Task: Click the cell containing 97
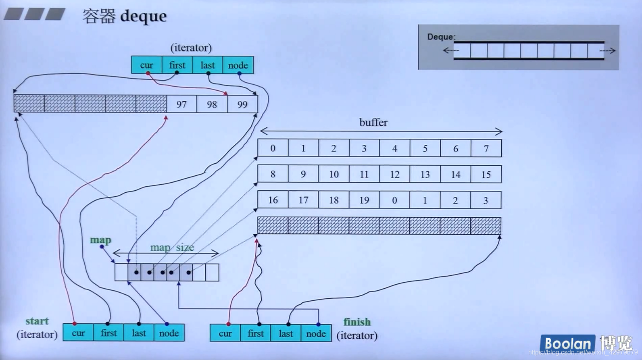click(x=181, y=105)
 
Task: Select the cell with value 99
click(x=242, y=105)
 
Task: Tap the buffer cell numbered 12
click(x=394, y=175)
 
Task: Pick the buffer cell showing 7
click(x=486, y=149)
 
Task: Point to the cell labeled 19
click(x=364, y=200)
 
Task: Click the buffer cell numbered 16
click(x=273, y=200)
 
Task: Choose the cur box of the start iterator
click(x=78, y=333)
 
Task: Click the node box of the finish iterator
click(x=316, y=333)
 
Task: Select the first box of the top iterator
click(x=177, y=65)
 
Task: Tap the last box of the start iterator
click(x=139, y=333)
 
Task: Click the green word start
click(x=37, y=321)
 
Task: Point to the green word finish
click(x=357, y=322)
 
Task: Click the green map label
click(x=100, y=240)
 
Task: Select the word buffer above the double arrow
click(x=373, y=123)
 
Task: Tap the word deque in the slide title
click(x=144, y=16)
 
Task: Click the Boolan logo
click(x=567, y=343)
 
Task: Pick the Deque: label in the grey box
click(x=441, y=37)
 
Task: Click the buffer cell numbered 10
click(x=334, y=175)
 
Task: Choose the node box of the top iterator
click(x=238, y=65)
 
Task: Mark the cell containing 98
click(x=212, y=105)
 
